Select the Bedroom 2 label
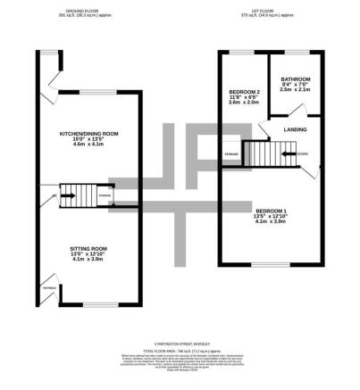tap(244, 92)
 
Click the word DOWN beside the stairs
tap(304, 153)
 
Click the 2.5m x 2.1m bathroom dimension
tap(295, 89)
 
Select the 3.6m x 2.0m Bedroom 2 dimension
tap(244, 104)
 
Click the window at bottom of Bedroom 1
tap(265, 264)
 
